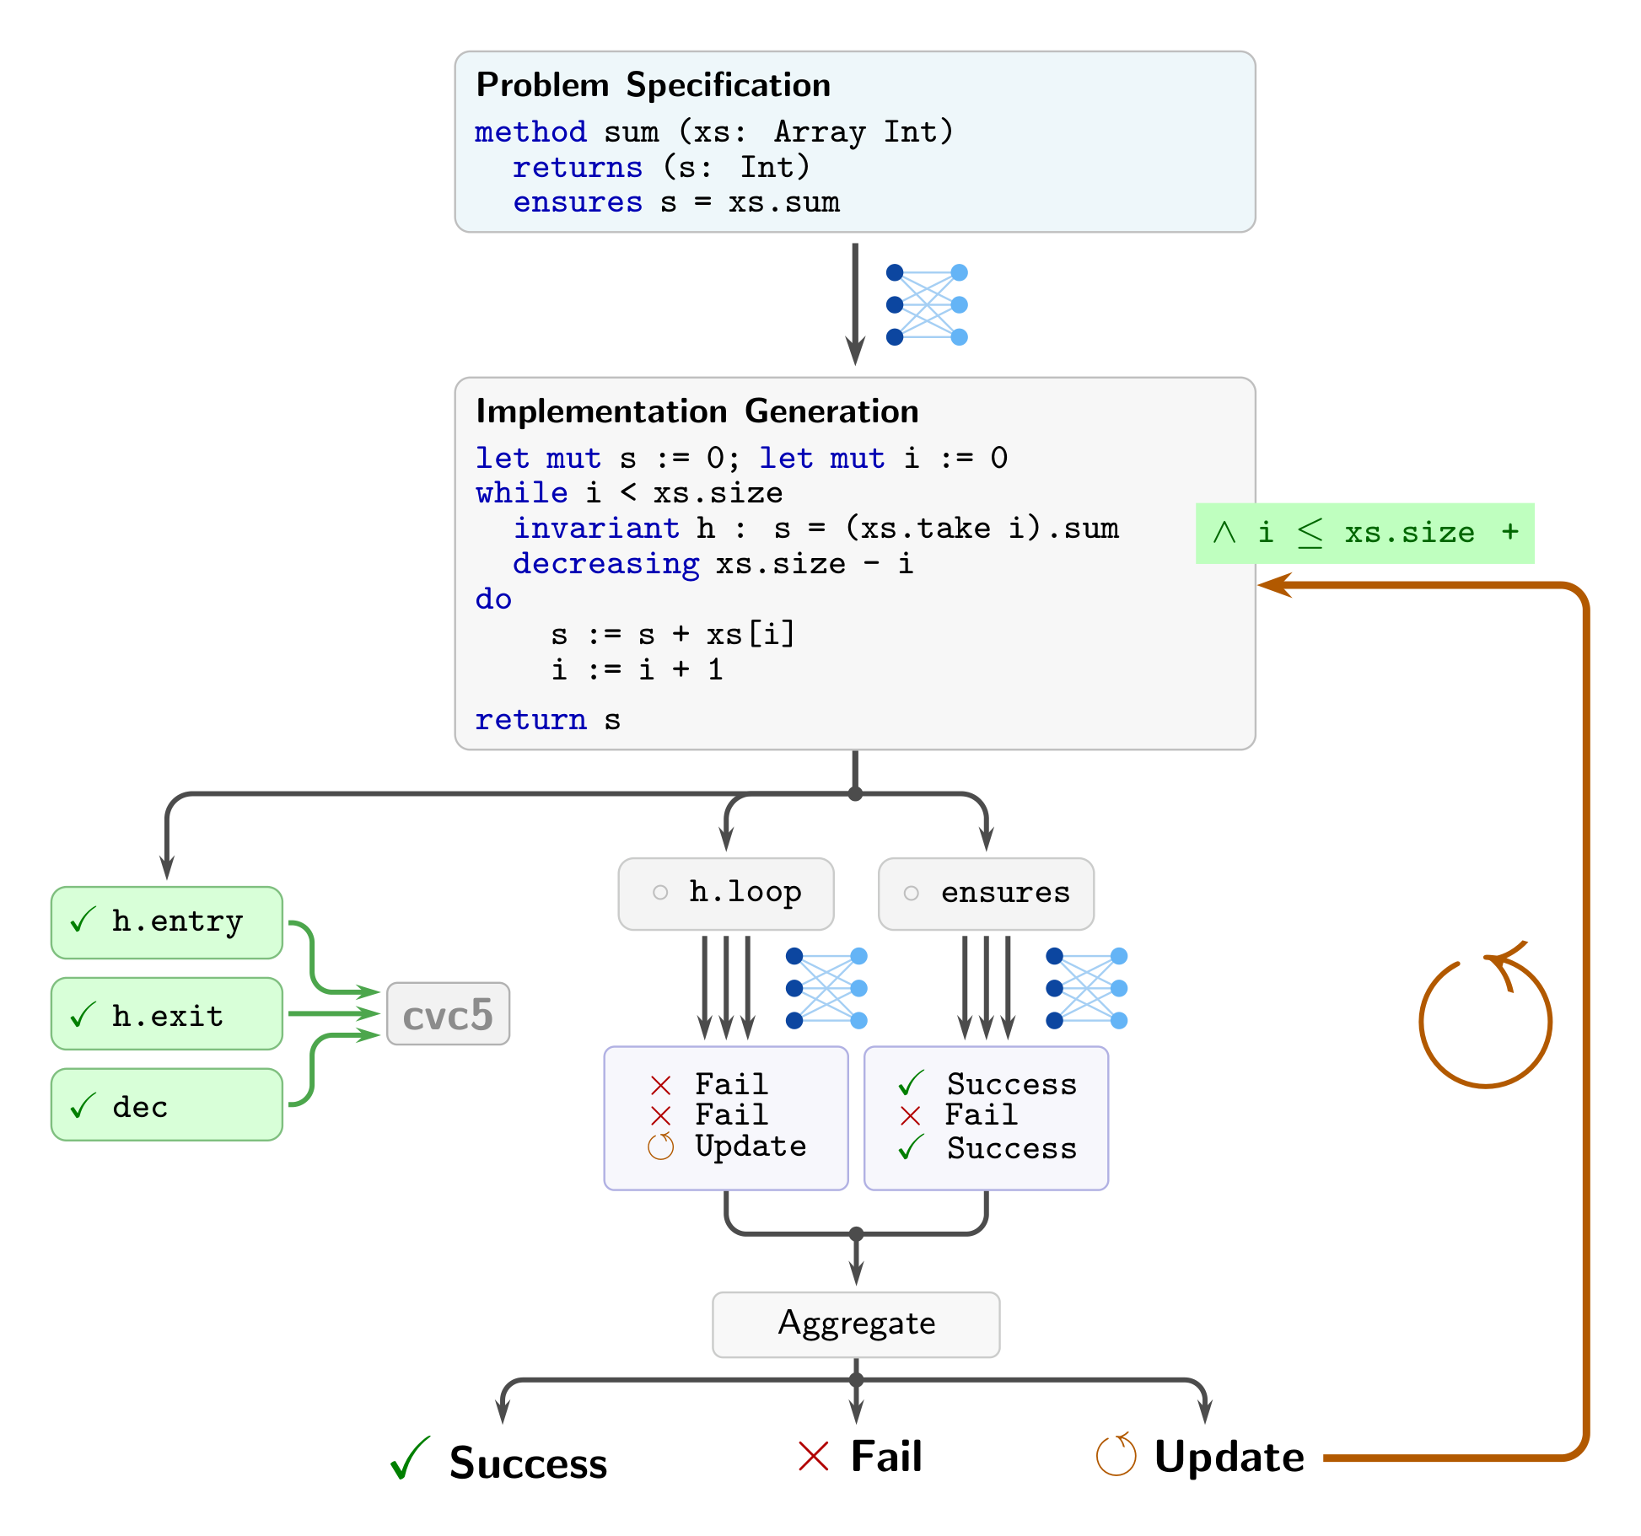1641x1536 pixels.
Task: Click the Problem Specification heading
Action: (653, 85)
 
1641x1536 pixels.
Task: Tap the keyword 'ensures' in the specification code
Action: (578, 202)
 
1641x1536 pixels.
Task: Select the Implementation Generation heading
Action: (697, 411)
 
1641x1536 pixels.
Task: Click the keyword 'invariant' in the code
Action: (596, 528)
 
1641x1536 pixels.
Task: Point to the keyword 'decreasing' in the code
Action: (605, 563)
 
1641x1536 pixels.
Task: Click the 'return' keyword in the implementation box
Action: (530, 719)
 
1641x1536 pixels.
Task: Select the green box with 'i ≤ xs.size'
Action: (1364, 533)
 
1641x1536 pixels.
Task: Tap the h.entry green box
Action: (167, 922)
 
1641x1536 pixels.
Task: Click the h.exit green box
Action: (167, 1014)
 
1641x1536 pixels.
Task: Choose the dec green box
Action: (167, 1105)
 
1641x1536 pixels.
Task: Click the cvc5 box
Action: (448, 1014)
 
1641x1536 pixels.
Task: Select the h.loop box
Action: (726, 894)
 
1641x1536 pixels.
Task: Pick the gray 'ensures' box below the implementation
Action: (986, 894)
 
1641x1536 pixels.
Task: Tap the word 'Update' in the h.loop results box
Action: (751, 1147)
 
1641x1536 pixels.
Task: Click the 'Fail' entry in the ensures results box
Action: (981, 1114)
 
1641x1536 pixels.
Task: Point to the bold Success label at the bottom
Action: (528, 1463)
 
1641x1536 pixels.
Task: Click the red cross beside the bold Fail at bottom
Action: (814, 1456)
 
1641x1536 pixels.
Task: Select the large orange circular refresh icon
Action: (1485, 1020)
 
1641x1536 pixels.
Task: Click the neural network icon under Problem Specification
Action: (927, 304)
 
